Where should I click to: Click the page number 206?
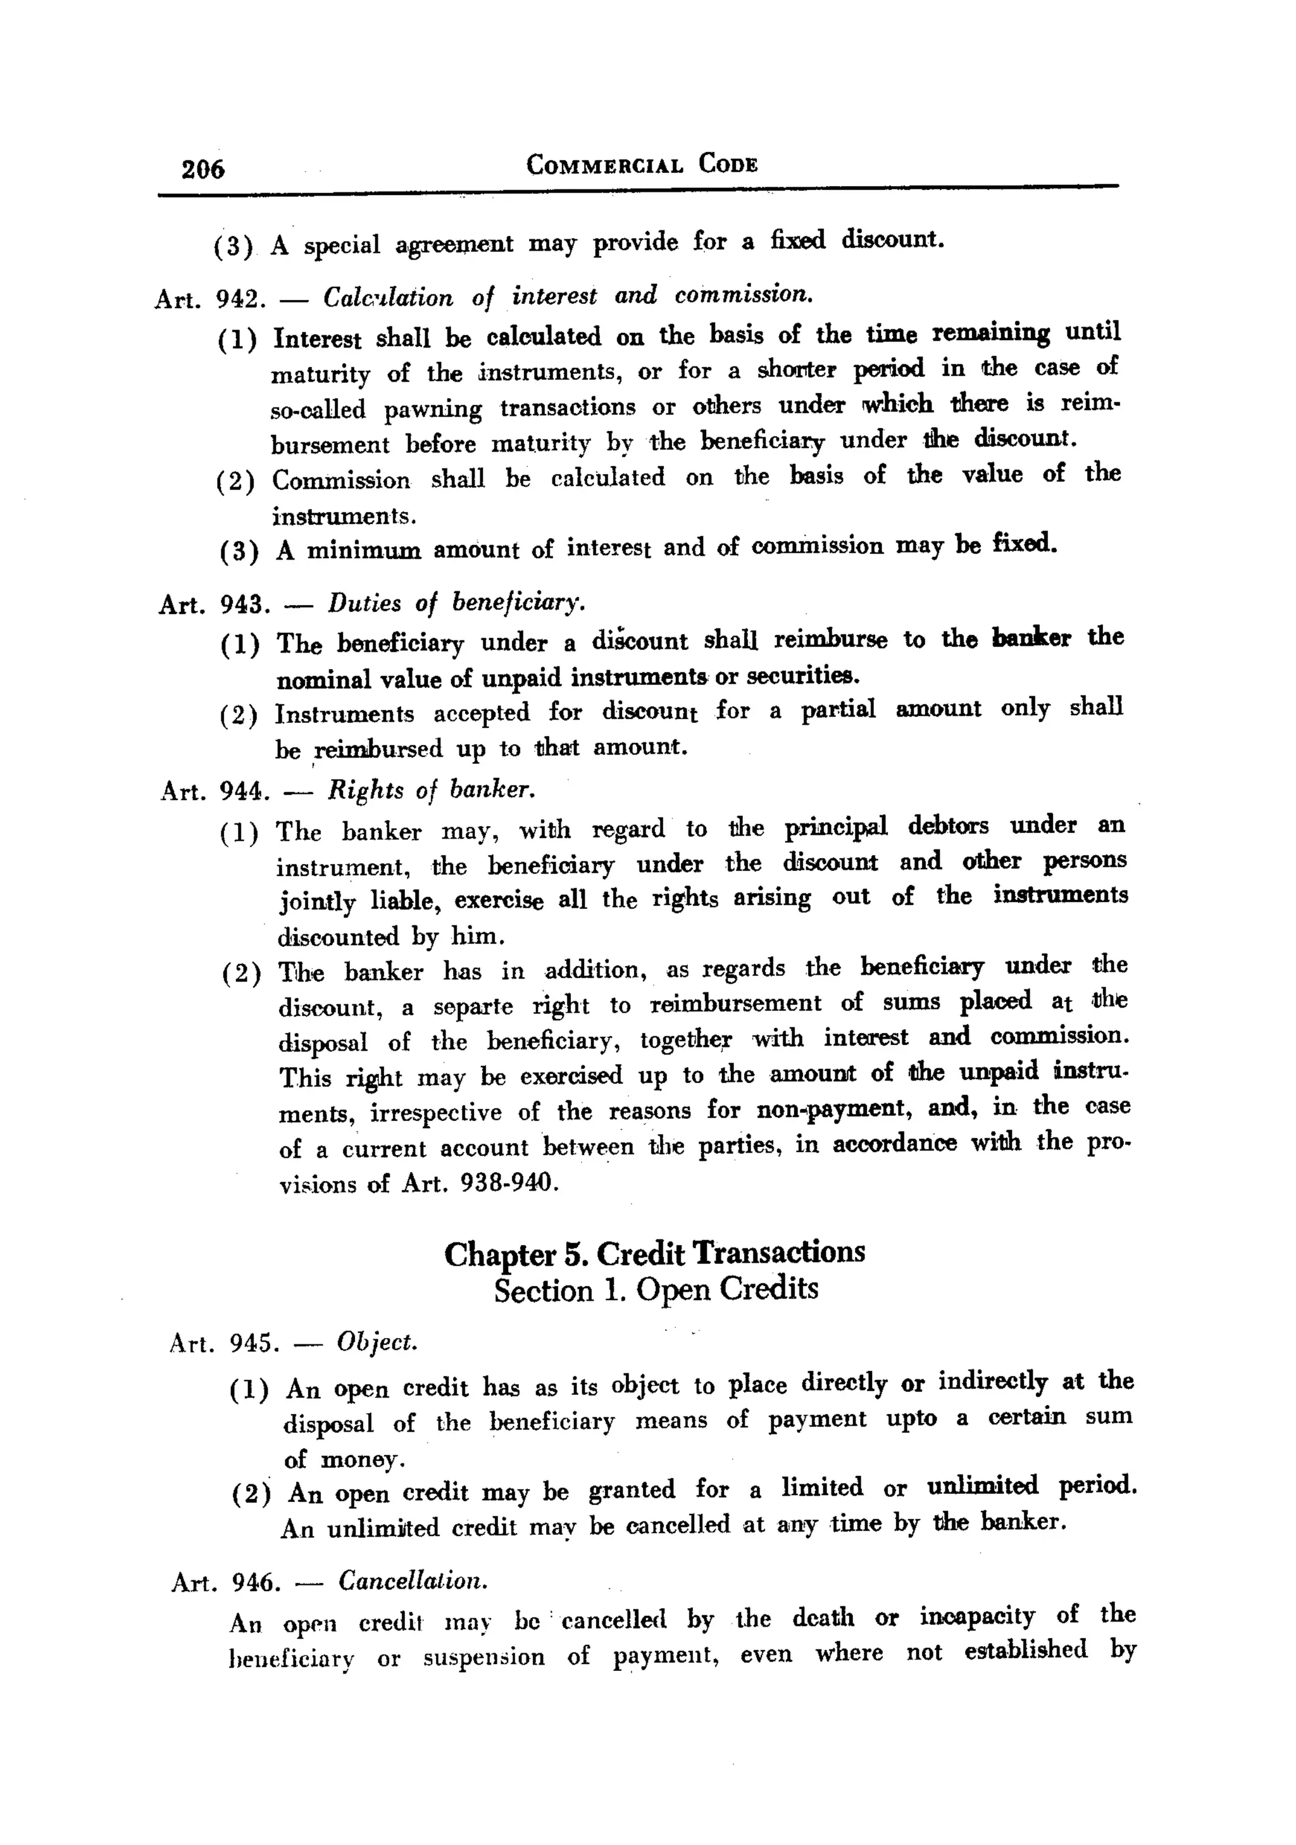click(202, 169)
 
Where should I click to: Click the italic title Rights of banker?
click(432, 790)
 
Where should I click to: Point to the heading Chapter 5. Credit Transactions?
click(654, 1253)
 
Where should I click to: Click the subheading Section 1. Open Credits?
click(656, 1290)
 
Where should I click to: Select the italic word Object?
click(377, 1341)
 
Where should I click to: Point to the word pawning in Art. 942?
click(432, 410)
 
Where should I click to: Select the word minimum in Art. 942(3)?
click(364, 551)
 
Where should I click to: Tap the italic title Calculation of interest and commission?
click(569, 296)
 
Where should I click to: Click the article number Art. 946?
click(226, 1583)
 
